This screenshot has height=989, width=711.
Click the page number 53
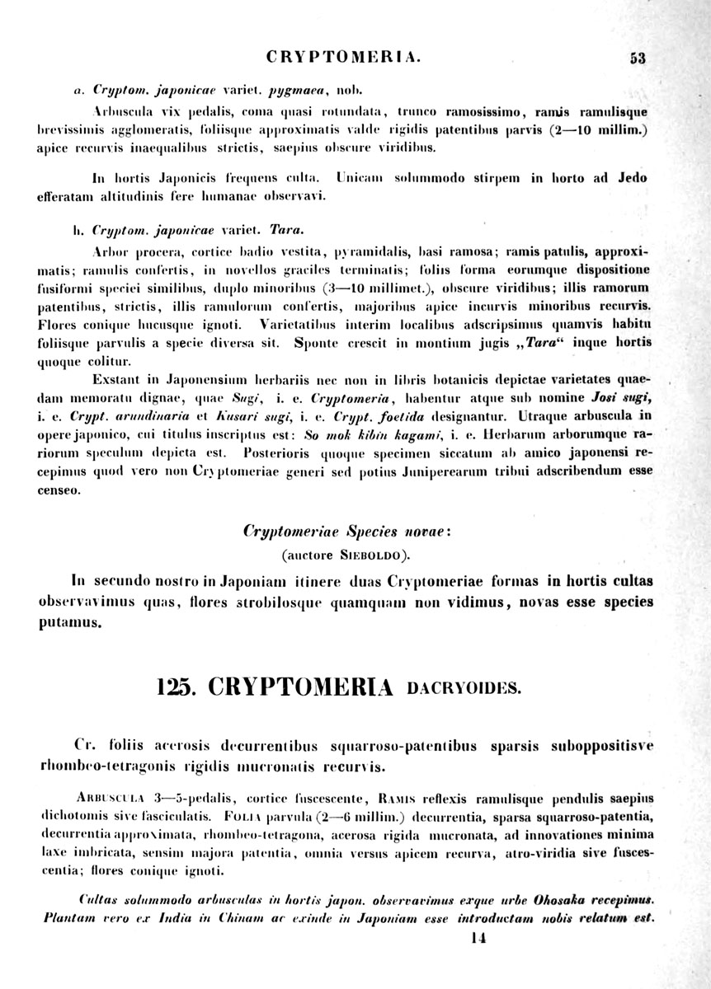(637, 58)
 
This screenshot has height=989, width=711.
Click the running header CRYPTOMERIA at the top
(345, 58)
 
